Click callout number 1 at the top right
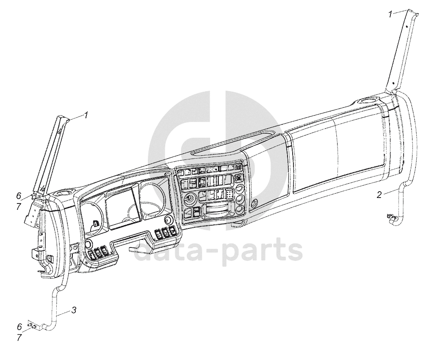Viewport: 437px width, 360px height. [390, 14]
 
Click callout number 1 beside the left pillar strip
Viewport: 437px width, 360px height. [86, 115]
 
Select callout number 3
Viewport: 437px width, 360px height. [74, 310]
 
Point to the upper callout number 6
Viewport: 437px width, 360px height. [19, 195]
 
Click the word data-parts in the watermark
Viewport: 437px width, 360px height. [218, 251]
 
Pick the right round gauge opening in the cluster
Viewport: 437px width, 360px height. [154, 198]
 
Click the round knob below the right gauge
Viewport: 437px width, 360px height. [168, 220]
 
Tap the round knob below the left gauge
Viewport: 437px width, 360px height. [89, 244]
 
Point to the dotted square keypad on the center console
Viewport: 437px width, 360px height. [229, 194]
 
